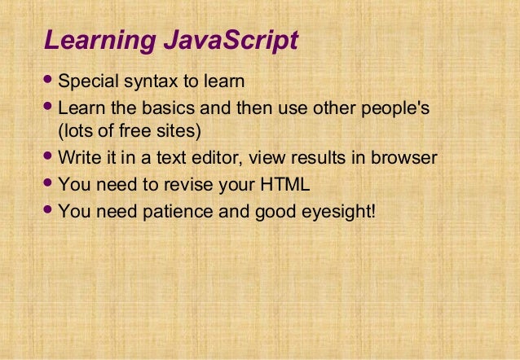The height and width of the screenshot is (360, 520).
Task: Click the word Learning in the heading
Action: point(92,40)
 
